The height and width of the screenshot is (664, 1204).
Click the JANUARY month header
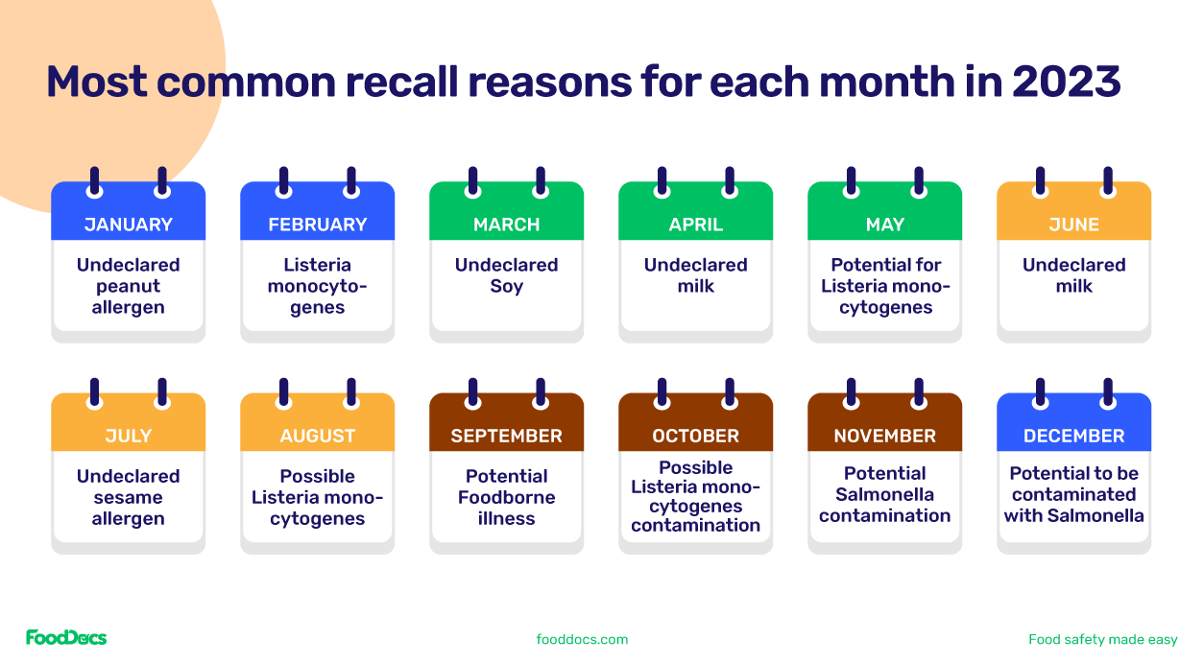128,225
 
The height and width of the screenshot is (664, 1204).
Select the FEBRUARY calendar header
317,225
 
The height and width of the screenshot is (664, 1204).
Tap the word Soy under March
506,287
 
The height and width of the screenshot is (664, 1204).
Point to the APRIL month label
695,225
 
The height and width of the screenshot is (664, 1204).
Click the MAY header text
884,225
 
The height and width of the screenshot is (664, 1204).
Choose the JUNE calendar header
1073,225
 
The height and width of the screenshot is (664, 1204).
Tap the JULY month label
128,436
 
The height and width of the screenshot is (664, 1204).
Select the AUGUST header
317,436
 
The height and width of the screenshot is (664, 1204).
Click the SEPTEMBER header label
506,436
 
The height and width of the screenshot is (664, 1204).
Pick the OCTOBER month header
695,436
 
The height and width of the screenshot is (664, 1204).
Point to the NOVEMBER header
884,436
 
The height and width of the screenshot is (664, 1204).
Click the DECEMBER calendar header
1073,436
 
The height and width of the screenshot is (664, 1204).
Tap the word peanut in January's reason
128,286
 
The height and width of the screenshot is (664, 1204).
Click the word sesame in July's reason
128,497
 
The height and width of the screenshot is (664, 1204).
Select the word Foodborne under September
506,497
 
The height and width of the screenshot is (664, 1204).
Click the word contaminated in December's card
1073,494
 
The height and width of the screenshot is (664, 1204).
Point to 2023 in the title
1066,83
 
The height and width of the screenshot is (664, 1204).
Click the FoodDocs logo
66,638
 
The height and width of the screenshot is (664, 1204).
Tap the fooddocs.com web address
582,639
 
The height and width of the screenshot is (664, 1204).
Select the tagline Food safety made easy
1102,639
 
